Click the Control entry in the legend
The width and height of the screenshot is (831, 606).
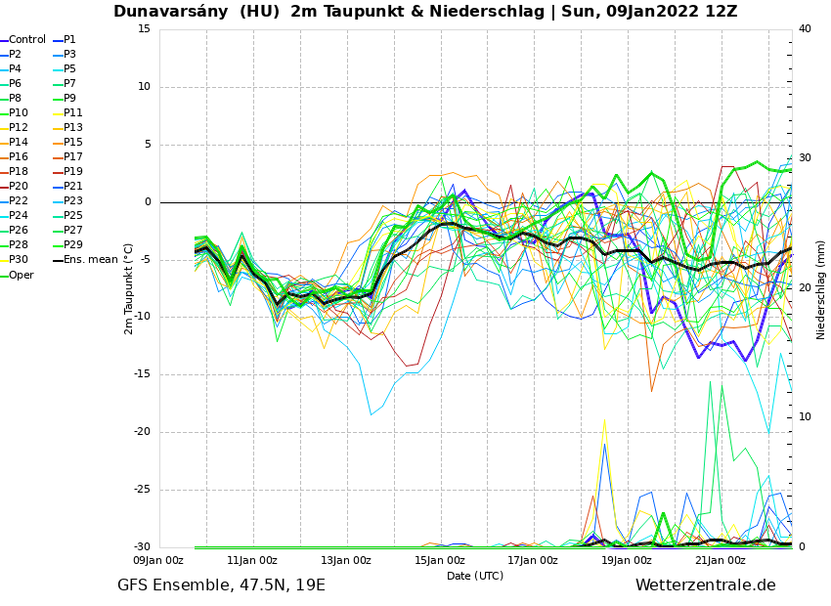coord(27,40)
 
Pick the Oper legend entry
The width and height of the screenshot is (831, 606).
coord(22,275)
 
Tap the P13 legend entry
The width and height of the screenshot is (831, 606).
coord(73,128)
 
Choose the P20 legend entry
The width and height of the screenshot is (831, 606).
coord(19,187)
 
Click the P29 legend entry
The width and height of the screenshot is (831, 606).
coord(73,245)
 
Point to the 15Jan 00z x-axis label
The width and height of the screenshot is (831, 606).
coord(440,561)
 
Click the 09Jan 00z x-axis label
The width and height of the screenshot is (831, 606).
coord(158,561)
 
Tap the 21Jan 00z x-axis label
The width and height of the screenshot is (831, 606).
coord(721,561)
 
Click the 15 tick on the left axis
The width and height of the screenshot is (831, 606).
coord(144,28)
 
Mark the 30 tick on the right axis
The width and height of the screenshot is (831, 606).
coord(806,158)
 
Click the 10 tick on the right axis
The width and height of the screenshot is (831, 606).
coord(806,417)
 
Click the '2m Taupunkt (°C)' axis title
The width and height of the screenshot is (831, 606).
coord(129,288)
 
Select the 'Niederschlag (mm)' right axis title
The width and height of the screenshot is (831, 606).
coord(821,289)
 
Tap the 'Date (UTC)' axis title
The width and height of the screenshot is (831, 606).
coord(475,576)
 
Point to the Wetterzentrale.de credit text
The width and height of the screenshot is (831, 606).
coord(705,585)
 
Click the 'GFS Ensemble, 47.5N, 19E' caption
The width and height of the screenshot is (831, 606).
coord(221,585)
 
